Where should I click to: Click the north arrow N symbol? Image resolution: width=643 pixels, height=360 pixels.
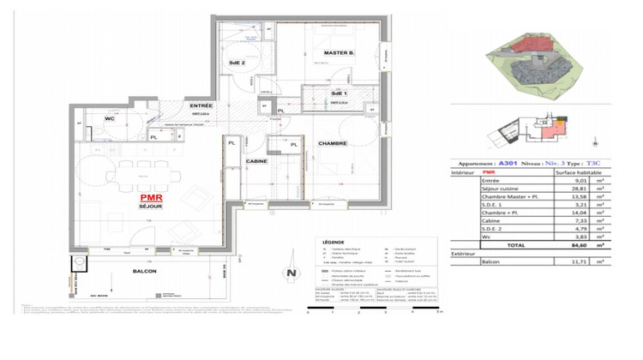point(291,273)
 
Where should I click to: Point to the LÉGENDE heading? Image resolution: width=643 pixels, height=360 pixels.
point(330,243)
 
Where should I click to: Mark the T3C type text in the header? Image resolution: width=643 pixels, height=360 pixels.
point(596,162)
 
